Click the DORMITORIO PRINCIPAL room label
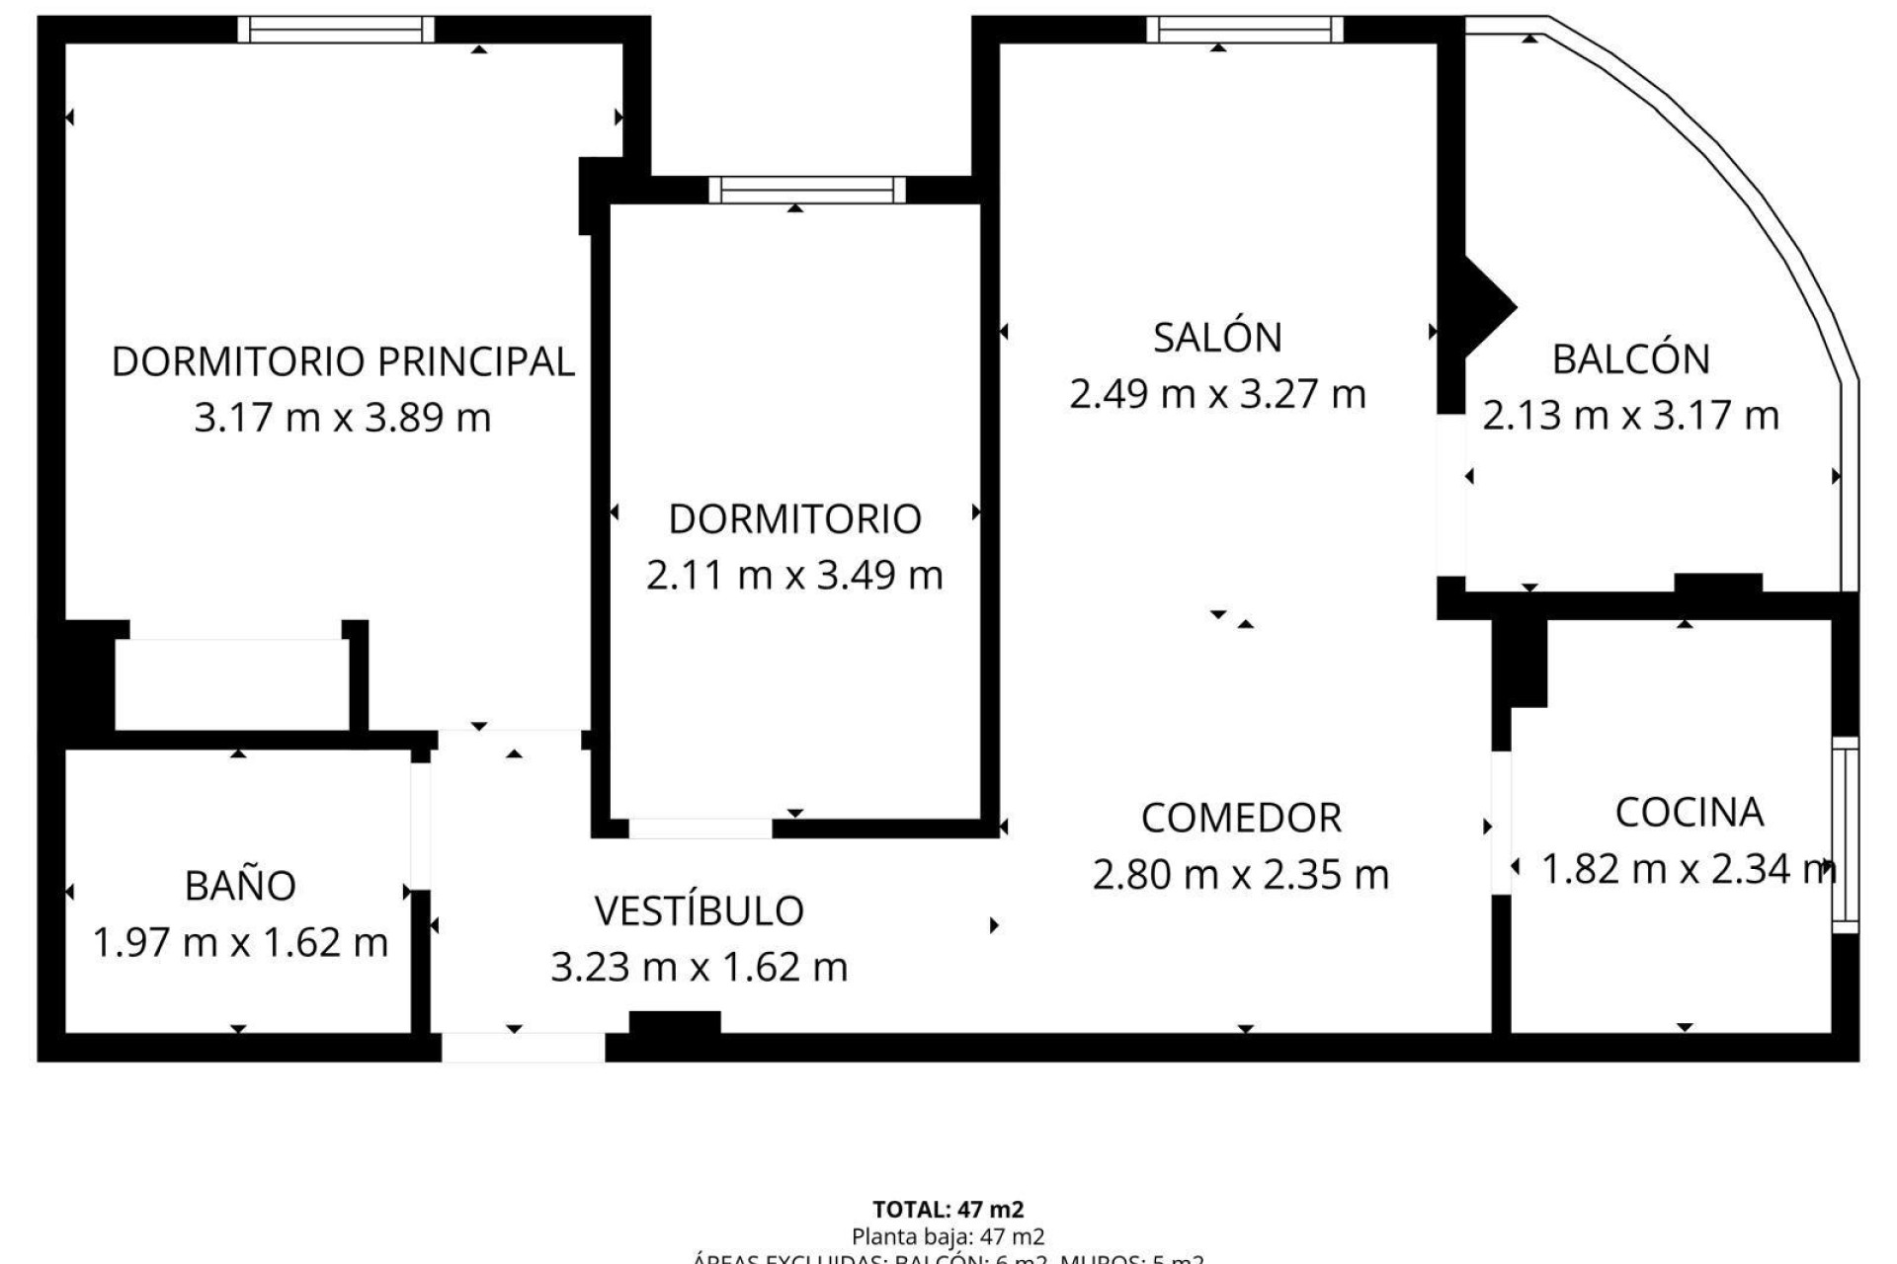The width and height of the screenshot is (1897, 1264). click(342, 361)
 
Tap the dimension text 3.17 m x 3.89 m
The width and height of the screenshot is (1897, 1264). click(342, 418)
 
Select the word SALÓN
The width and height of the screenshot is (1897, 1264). click(1217, 338)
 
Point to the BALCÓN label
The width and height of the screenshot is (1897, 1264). click(1630, 359)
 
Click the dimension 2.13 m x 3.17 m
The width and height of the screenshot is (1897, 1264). click(1630, 416)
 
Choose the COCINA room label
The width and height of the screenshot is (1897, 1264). click(1689, 813)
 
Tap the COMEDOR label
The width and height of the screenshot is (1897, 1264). click(1241, 819)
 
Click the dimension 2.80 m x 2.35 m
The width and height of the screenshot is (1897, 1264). click(1241, 875)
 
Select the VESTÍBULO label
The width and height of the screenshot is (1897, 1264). click(699, 911)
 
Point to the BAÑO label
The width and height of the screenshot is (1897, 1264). click(240, 886)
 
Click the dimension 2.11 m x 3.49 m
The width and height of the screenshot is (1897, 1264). click(794, 575)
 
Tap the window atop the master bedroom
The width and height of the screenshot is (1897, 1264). click(336, 30)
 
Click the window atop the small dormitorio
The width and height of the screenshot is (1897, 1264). click(806, 190)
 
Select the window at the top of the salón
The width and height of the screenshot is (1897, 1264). click(1245, 30)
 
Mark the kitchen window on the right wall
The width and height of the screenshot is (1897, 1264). click(1845, 834)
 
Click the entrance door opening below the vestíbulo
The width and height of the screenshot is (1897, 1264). click(523, 1047)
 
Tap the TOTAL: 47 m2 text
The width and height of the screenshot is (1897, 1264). click(948, 1209)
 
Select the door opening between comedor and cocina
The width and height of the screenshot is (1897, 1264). click(1501, 823)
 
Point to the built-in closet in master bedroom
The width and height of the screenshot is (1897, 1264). click(232, 684)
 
